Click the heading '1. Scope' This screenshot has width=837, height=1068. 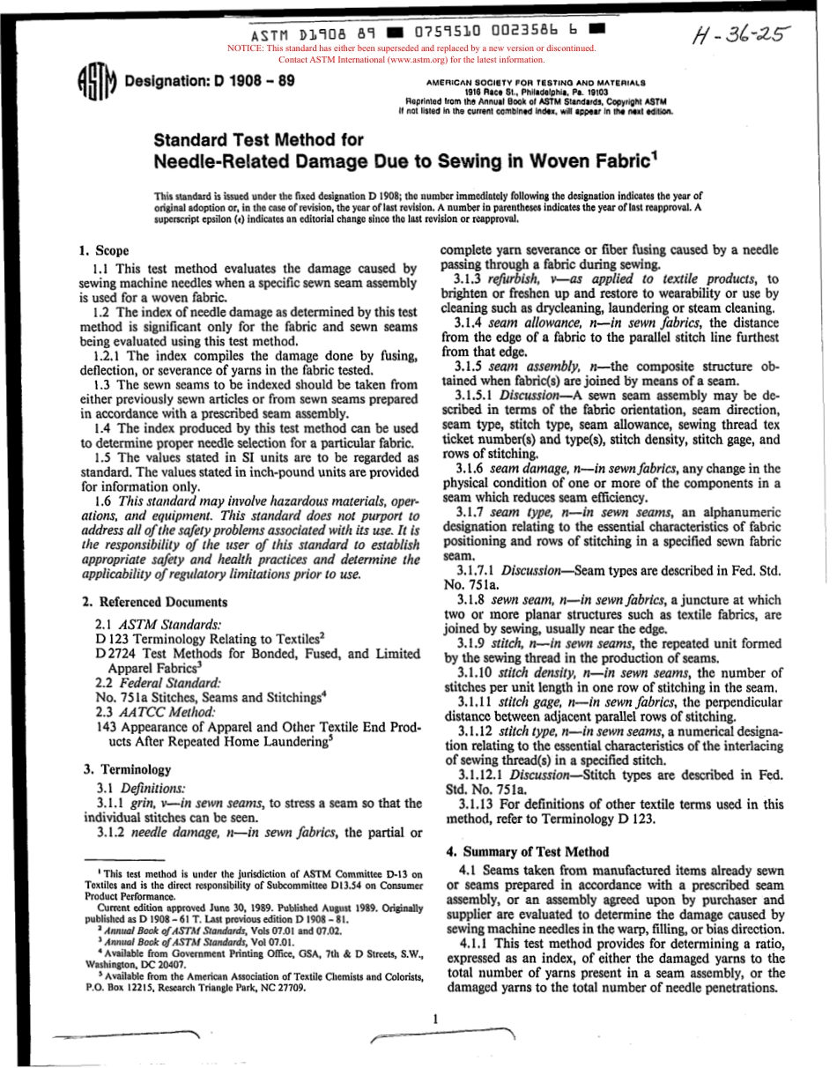click(105, 251)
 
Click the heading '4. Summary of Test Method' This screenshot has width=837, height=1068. click(527, 851)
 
